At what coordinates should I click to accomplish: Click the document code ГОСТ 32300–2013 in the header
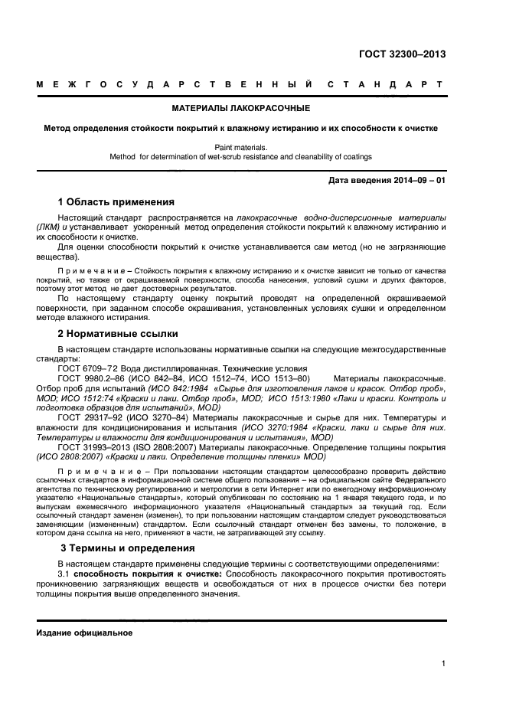pos(403,54)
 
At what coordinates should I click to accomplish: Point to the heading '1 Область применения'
pos(116,202)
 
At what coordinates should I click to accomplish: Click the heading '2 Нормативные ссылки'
pos(118,334)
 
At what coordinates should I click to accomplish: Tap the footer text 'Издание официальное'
pos(84,633)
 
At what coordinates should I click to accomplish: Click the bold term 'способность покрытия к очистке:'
pos(148,574)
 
